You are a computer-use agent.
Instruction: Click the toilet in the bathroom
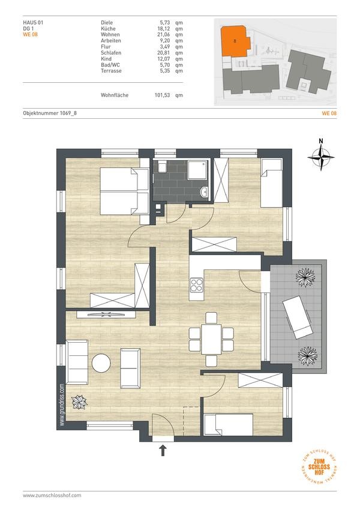(x=162, y=166)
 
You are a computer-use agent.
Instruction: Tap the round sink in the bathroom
(x=204, y=192)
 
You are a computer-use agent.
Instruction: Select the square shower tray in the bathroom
(x=197, y=169)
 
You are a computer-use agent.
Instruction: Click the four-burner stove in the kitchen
(x=196, y=285)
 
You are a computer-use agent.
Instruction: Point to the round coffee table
(x=101, y=363)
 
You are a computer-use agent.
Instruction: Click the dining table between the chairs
(x=211, y=339)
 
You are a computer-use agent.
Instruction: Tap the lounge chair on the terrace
(x=298, y=317)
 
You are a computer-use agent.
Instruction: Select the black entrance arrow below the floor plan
(x=163, y=450)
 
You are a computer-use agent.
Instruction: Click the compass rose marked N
(x=321, y=156)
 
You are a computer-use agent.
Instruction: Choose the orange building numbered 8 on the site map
(x=235, y=41)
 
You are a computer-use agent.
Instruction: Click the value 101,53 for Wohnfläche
(x=162, y=95)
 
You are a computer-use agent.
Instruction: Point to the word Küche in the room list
(x=108, y=29)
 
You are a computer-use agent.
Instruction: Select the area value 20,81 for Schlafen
(x=164, y=53)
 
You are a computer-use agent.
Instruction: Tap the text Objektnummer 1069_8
(x=50, y=113)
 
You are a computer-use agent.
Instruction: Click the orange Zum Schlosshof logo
(x=319, y=467)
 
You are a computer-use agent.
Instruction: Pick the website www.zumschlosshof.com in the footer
(x=52, y=495)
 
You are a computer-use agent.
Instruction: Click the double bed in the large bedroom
(x=124, y=191)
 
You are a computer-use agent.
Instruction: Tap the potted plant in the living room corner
(x=79, y=402)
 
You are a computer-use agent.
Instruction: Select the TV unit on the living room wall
(x=106, y=315)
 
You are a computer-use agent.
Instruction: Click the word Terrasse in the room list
(x=111, y=71)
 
